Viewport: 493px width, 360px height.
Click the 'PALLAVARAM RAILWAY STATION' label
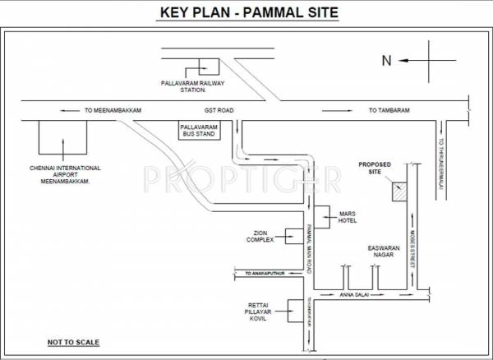pyautogui.click(x=193, y=86)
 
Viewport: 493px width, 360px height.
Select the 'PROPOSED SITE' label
pyautogui.click(x=375, y=168)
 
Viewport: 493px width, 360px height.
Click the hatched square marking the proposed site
pyautogui.click(x=399, y=191)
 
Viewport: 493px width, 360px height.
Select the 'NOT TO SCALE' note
pyautogui.click(x=68, y=339)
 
